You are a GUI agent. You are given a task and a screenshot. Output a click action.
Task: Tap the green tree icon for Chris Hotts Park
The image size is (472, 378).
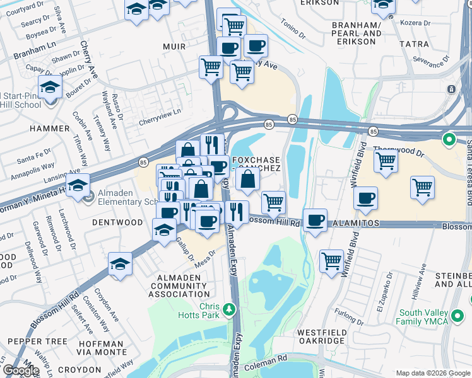coord(230,309)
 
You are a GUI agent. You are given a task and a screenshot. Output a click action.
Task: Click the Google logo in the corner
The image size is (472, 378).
coord(20,370)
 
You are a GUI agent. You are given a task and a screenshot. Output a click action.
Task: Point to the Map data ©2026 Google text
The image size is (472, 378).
coord(432,373)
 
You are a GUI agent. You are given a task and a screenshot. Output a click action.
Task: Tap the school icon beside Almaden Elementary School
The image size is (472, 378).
coord(77,186)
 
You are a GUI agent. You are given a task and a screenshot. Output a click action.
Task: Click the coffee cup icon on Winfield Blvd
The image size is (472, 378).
coord(365,199)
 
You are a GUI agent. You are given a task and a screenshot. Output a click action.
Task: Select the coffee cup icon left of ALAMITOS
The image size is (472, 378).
coord(315,221)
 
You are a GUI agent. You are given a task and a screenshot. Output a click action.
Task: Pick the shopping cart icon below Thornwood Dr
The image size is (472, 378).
coord(386,161)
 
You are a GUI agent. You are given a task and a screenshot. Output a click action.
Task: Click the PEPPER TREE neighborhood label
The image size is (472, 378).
coord(37,341)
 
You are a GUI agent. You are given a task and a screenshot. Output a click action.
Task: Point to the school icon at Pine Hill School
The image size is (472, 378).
coord(49,88)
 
